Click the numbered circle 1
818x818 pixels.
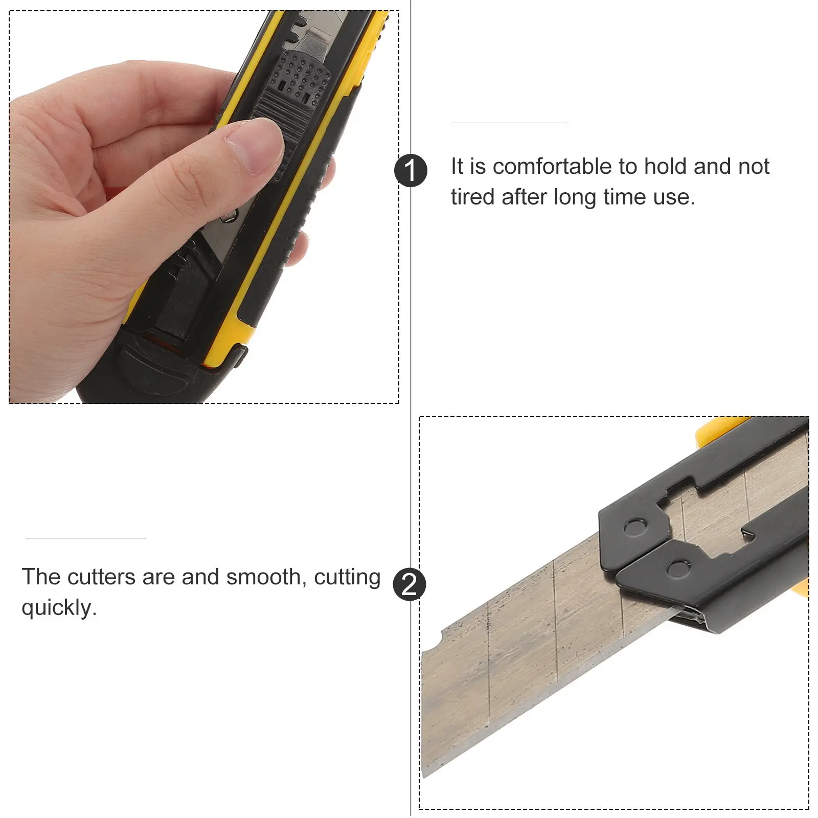tap(411, 170)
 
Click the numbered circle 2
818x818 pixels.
tap(410, 584)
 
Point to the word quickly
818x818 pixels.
tap(59, 608)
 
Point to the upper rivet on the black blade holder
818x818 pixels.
tap(634, 527)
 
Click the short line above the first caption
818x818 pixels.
tap(509, 123)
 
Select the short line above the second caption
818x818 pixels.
tap(86, 538)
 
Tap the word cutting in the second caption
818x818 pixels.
tap(347, 578)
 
